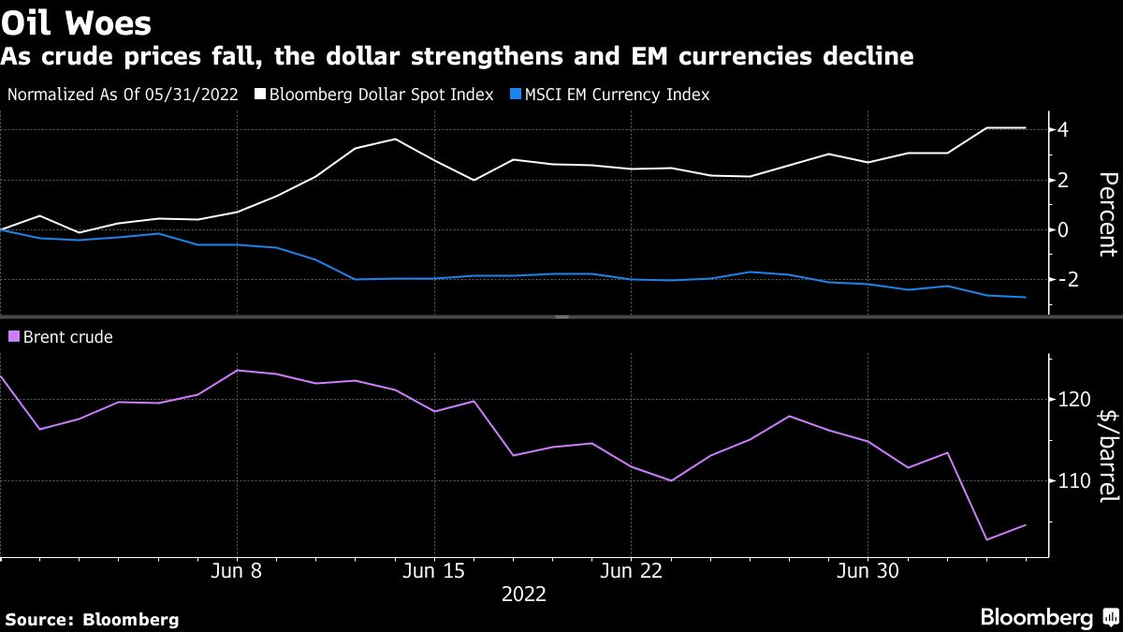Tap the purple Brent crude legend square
13,337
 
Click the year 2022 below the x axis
524,595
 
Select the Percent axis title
1107,213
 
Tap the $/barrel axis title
1107,455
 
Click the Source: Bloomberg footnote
92,619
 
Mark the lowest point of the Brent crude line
986,539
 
